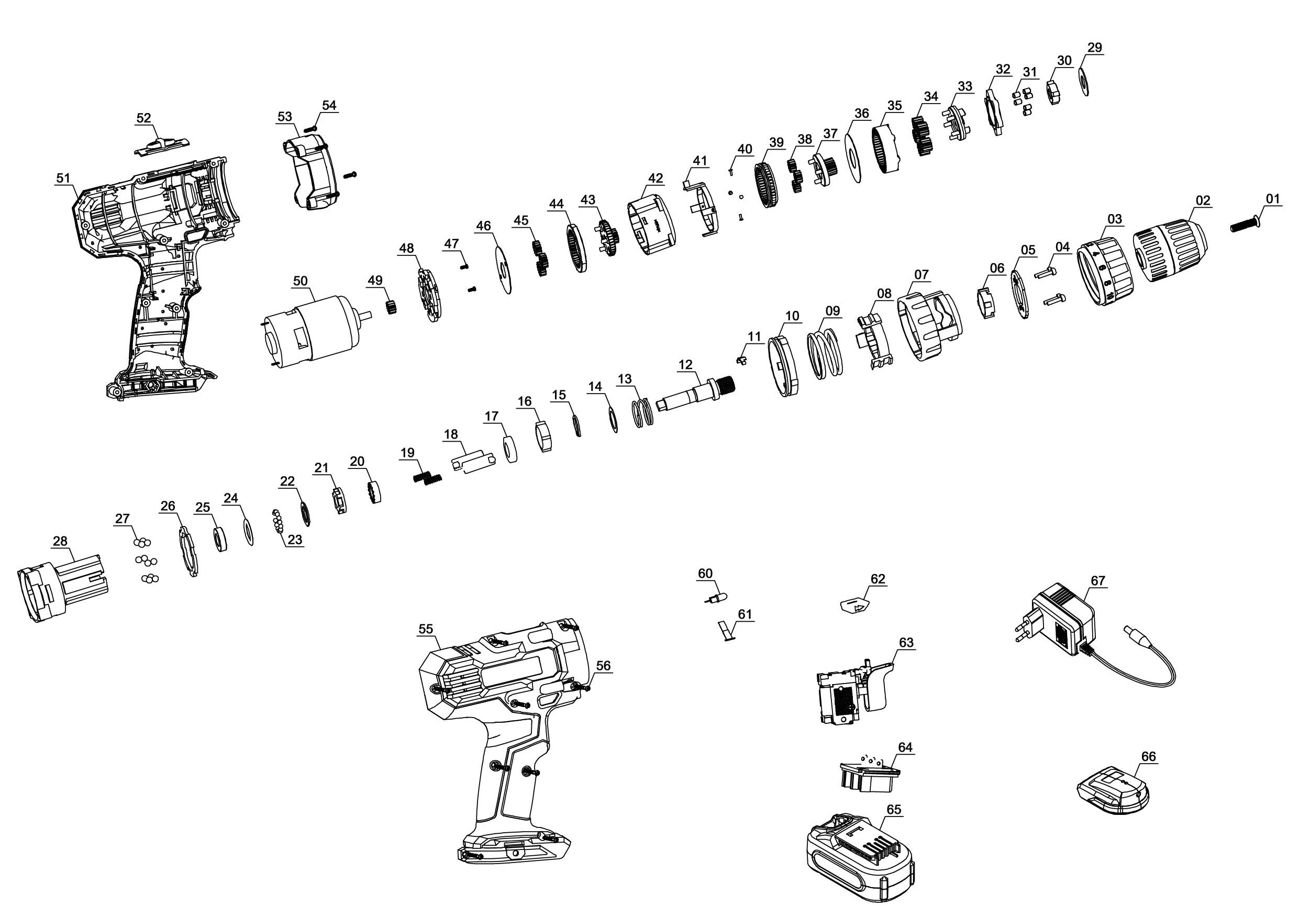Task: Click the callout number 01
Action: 1272,198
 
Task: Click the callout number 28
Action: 60,541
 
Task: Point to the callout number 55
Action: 426,629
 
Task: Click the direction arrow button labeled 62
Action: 854,605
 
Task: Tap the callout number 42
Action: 655,178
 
